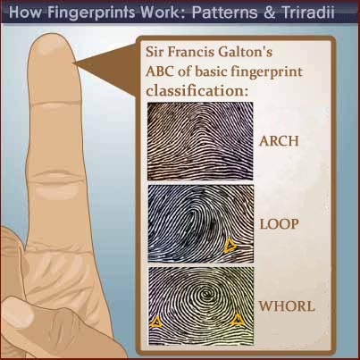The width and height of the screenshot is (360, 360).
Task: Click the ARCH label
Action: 279,141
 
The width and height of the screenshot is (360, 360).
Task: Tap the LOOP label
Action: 279,224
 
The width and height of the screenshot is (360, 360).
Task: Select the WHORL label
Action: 287,306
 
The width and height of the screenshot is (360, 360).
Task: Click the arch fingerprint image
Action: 200,141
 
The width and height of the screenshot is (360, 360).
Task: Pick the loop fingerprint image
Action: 201,223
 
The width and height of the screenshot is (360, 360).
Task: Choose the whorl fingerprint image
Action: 201,306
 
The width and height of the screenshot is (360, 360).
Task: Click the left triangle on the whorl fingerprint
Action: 155,322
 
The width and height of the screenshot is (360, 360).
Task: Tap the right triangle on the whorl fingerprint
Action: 238,320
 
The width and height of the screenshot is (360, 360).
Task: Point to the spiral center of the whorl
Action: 205,294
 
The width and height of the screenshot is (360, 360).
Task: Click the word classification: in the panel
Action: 197,91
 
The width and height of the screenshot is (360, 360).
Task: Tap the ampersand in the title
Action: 270,13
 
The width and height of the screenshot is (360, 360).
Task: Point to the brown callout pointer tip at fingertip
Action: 73,63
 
